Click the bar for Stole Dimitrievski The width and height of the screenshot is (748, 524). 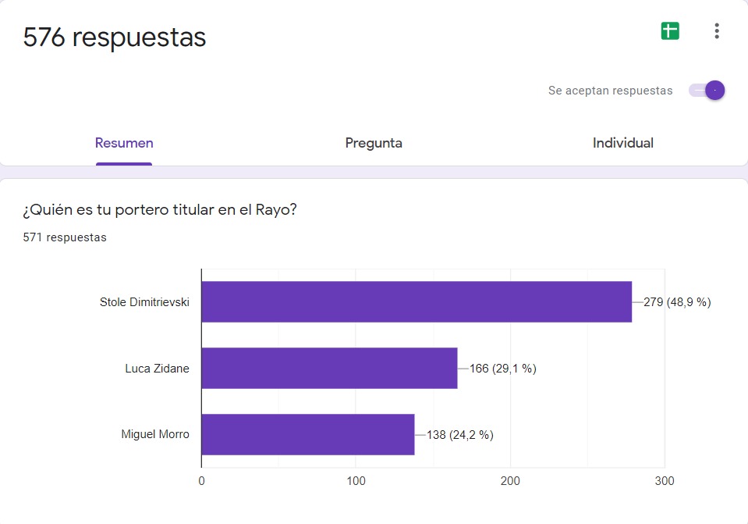click(417, 301)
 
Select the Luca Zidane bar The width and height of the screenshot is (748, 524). click(329, 368)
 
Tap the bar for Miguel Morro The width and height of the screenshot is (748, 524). click(308, 434)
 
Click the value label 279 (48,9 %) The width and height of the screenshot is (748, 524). click(677, 301)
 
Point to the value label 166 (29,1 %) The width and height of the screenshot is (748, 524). click(502, 369)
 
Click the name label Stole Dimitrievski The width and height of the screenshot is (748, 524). click(144, 302)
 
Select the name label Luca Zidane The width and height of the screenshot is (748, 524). click(157, 369)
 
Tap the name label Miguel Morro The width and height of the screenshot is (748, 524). click(155, 434)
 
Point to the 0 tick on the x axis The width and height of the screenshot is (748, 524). click(202, 482)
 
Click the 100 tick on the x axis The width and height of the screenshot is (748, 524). click(356, 482)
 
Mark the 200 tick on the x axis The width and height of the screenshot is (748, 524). click(510, 482)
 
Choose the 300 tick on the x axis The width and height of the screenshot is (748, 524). click(665, 482)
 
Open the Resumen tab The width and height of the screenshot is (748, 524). click(124, 143)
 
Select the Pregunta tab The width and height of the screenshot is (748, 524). click(374, 143)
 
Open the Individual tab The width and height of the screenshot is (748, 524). click(622, 143)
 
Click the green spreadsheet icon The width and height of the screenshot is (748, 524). click(670, 31)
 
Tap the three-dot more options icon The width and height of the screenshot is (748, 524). click(717, 31)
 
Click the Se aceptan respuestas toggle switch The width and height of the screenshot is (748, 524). click(707, 91)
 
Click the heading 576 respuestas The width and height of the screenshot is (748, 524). click(115, 37)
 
